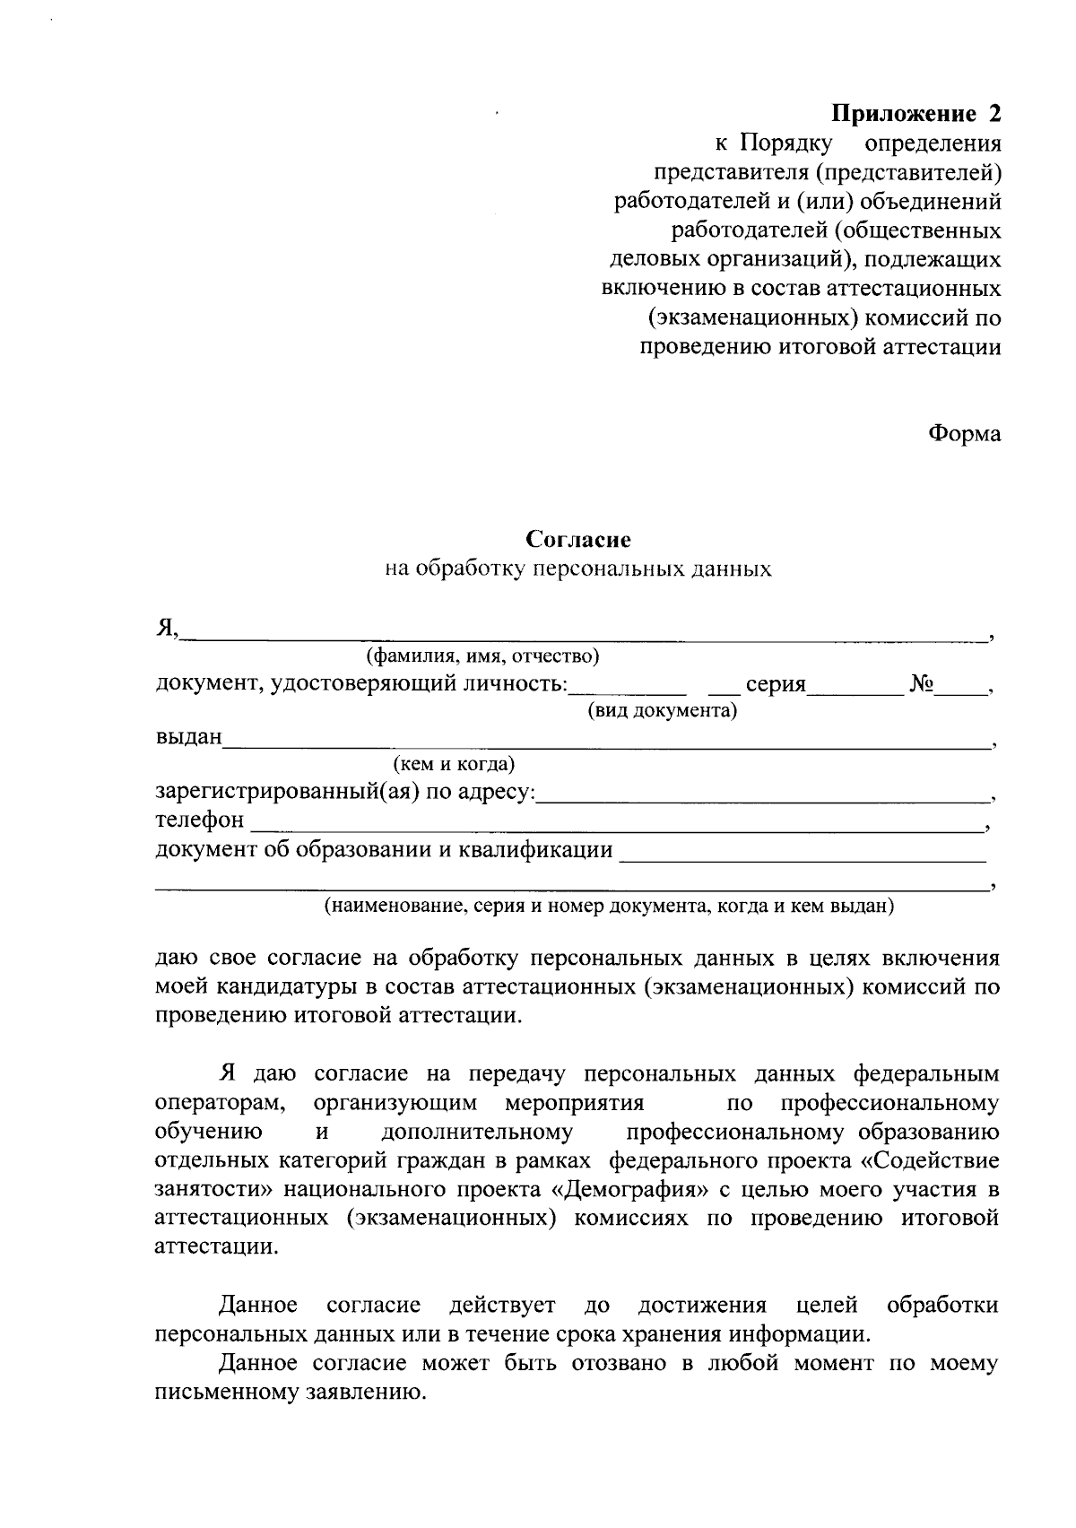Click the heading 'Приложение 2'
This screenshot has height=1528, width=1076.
tap(915, 114)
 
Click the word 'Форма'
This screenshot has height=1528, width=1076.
tap(964, 434)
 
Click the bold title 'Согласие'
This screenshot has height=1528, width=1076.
tap(578, 540)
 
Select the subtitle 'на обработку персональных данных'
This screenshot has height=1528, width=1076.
tap(578, 569)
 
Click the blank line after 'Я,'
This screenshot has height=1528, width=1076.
tap(583, 635)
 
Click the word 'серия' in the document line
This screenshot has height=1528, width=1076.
tap(776, 685)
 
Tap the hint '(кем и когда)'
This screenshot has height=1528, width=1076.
tap(454, 765)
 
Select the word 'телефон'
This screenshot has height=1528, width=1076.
tap(199, 820)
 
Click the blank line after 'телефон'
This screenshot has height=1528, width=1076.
tap(614, 824)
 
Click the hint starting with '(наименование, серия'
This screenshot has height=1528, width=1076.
tap(610, 906)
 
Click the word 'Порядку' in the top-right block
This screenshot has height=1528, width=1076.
tap(787, 143)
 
